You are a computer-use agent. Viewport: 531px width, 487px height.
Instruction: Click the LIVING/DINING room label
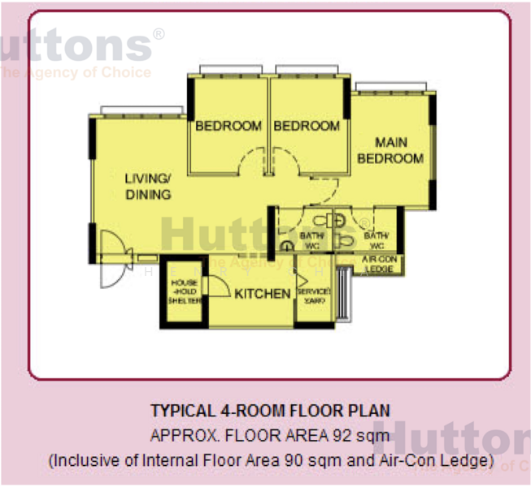pyautogui.click(x=148, y=186)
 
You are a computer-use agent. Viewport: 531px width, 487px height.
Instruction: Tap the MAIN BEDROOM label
pyautogui.click(x=390, y=151)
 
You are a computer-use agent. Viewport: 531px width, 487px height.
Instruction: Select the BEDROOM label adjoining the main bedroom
pyautogui.click(x=307, y=126)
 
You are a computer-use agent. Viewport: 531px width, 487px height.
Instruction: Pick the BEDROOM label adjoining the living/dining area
pyautogui.click(x=229, y=126)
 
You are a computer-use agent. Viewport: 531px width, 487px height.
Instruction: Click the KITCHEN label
pyautogui.click(x=263, y=294)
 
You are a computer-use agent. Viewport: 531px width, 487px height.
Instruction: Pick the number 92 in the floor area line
pyautogui.click(x=342, y=436)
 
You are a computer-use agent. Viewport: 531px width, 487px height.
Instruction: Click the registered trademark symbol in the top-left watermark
pyautogui.click(x=158, y=34)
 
